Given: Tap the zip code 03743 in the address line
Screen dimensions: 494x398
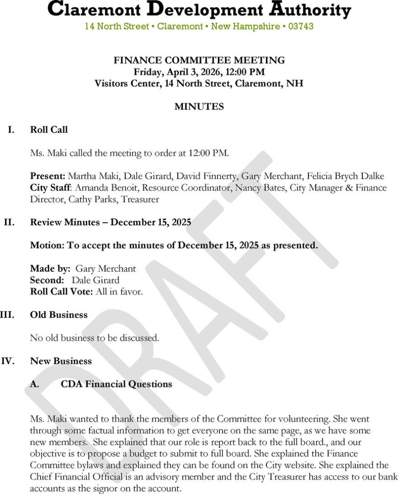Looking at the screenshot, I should (301, 26).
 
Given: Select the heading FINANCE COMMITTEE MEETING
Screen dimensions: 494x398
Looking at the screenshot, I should (199, 60).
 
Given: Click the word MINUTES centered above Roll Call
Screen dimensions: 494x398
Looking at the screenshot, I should (199, 107).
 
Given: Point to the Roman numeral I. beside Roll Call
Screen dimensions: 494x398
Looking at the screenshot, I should (11, 130).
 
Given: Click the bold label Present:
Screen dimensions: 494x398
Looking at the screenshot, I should (48, 176).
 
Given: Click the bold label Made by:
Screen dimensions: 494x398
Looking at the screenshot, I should (50, 269).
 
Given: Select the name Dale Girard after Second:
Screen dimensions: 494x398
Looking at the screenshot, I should (95, 280).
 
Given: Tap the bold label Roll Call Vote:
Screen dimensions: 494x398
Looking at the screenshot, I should (62, 292).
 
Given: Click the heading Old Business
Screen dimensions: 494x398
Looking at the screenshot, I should (59, 315).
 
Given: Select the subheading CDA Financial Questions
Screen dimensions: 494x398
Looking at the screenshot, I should (116, 384).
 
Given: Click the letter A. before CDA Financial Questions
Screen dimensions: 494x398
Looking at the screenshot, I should (35, 384).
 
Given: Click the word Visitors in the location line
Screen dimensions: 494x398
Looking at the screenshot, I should (112, 84).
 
